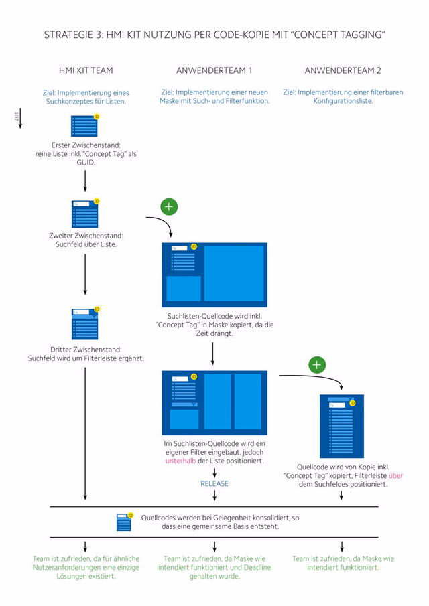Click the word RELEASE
click(214, 483)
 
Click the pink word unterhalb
click(181, 461)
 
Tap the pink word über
click(395, 475)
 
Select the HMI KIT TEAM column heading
click(86, 70)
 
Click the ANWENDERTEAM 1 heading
click(214, 70)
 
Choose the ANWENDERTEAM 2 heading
click(343, 70)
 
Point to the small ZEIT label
click(16, 117)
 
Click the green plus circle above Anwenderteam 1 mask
click(169, 206)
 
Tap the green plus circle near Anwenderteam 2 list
click(317, 365)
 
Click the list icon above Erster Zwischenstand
click(84, 125)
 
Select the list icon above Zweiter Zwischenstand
click(85, 214)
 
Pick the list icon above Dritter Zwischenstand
click(85, 323)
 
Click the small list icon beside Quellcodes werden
click(125, 522)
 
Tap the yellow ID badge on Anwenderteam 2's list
click(353, 403)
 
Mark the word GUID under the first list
click(86, 162)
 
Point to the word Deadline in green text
click(257, 567)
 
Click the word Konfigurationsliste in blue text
click(343, 101)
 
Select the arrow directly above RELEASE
click(214, 473)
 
